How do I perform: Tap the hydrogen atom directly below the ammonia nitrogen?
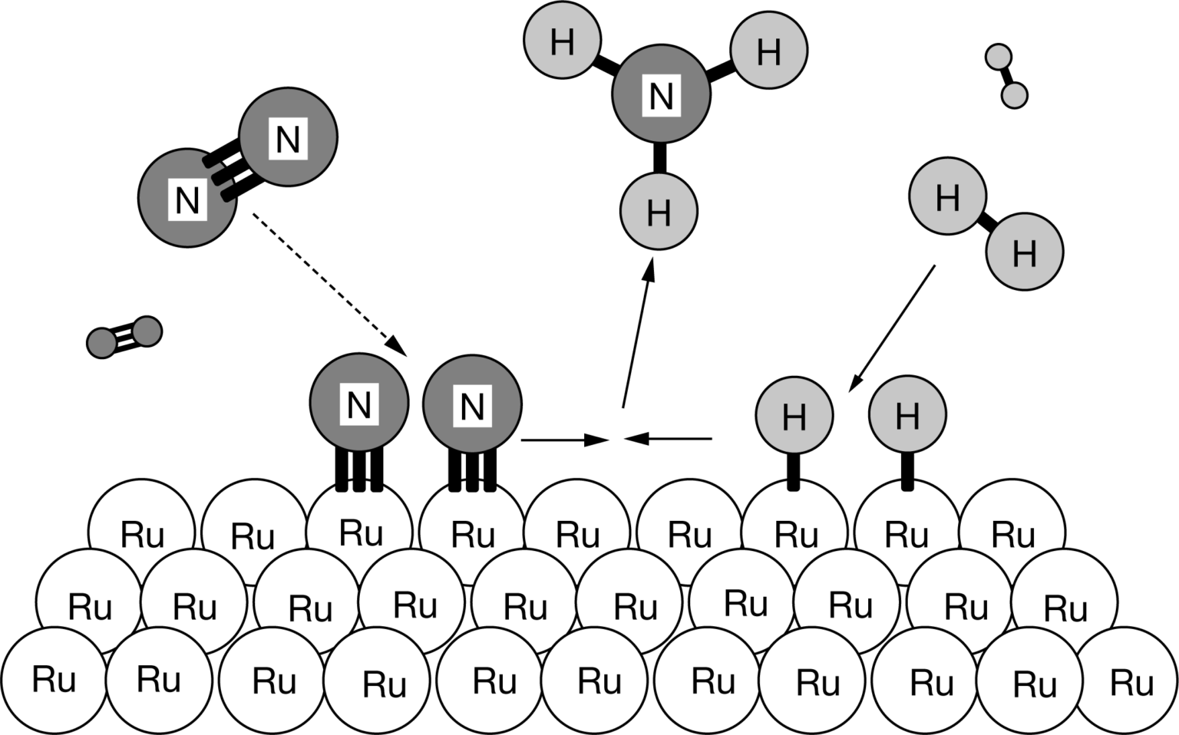pos(659,211)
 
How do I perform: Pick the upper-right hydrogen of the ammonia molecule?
pos(768,51)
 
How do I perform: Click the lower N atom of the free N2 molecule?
pos(187,198)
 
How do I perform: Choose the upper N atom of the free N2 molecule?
pos(288,137)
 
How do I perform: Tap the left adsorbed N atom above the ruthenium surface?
pos(358,403)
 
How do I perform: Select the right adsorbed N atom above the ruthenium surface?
pos(472,404)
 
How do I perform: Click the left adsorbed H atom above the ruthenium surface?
pos(794,415)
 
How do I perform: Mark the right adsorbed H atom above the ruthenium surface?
pos(907,414)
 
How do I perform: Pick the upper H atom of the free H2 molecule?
pos(947,196)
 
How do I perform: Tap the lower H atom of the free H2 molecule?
pos(1024,252)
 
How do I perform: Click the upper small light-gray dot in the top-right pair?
pos(998,57)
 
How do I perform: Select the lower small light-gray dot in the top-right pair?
pos(1014,95)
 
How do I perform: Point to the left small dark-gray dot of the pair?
pos(102,343)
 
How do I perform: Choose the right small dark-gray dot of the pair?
pos(147,331)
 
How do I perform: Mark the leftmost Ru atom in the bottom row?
pos(53,678)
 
